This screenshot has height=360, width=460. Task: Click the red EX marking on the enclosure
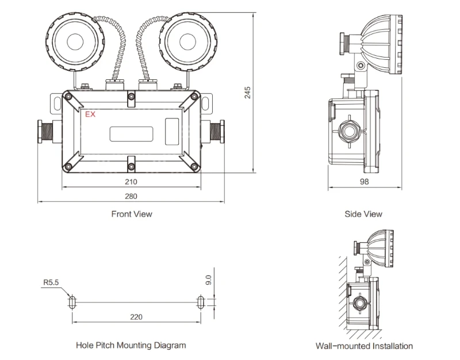(x=90, y=114)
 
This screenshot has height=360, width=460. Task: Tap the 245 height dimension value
(x=248, y=93)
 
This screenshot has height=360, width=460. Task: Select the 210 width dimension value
(x=131, y=182)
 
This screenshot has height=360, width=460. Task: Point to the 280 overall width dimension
(x=131, y=196)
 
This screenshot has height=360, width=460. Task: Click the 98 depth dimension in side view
(x=364, y=182)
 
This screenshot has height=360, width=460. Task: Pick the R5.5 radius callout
(x=51, y=282)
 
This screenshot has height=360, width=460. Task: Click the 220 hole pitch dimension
(x=136, y=317)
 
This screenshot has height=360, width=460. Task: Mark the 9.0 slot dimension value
(x=208, y=279)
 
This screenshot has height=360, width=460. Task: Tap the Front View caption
(x=132, y=214)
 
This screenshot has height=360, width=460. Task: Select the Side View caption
(x=363, y=214)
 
